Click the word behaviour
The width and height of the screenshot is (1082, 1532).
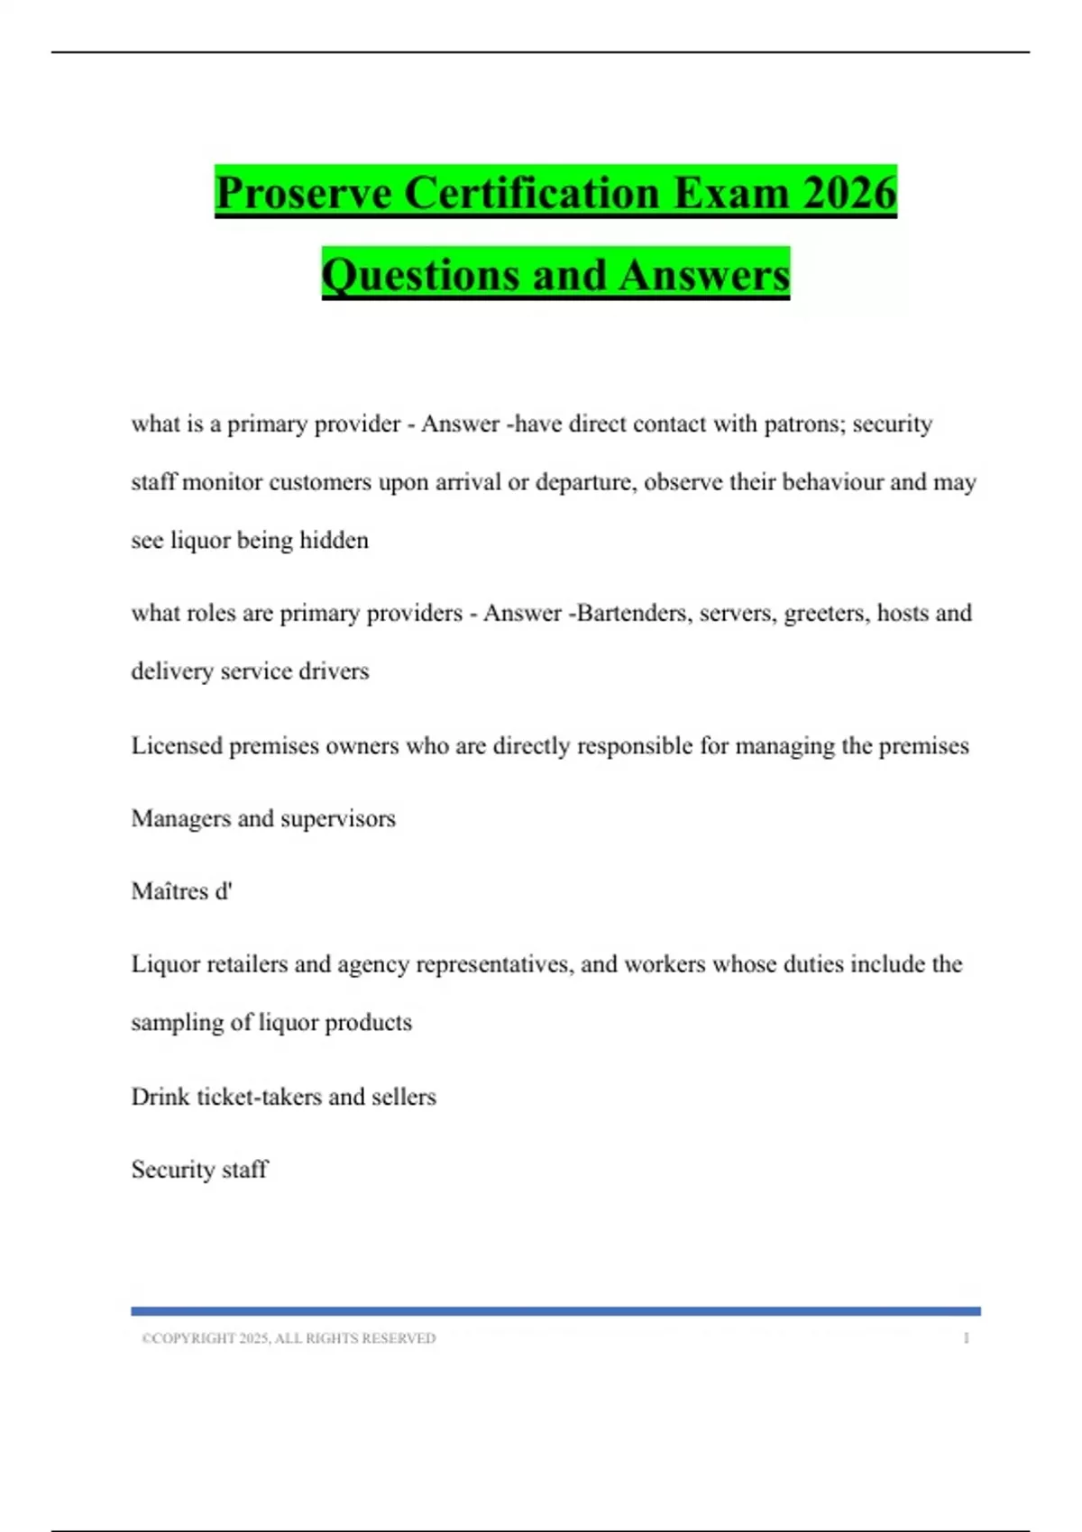pos(832,482)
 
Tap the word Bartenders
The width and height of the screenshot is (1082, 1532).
pos(634,613)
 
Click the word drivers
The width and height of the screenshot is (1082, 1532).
pos(335,671)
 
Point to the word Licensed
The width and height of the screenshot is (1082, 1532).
pos(176,746)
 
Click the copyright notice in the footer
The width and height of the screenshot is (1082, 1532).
pos(289,1338)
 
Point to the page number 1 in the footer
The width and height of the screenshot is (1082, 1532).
pos(966,1338)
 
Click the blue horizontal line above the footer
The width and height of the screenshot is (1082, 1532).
pos(555,1311)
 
